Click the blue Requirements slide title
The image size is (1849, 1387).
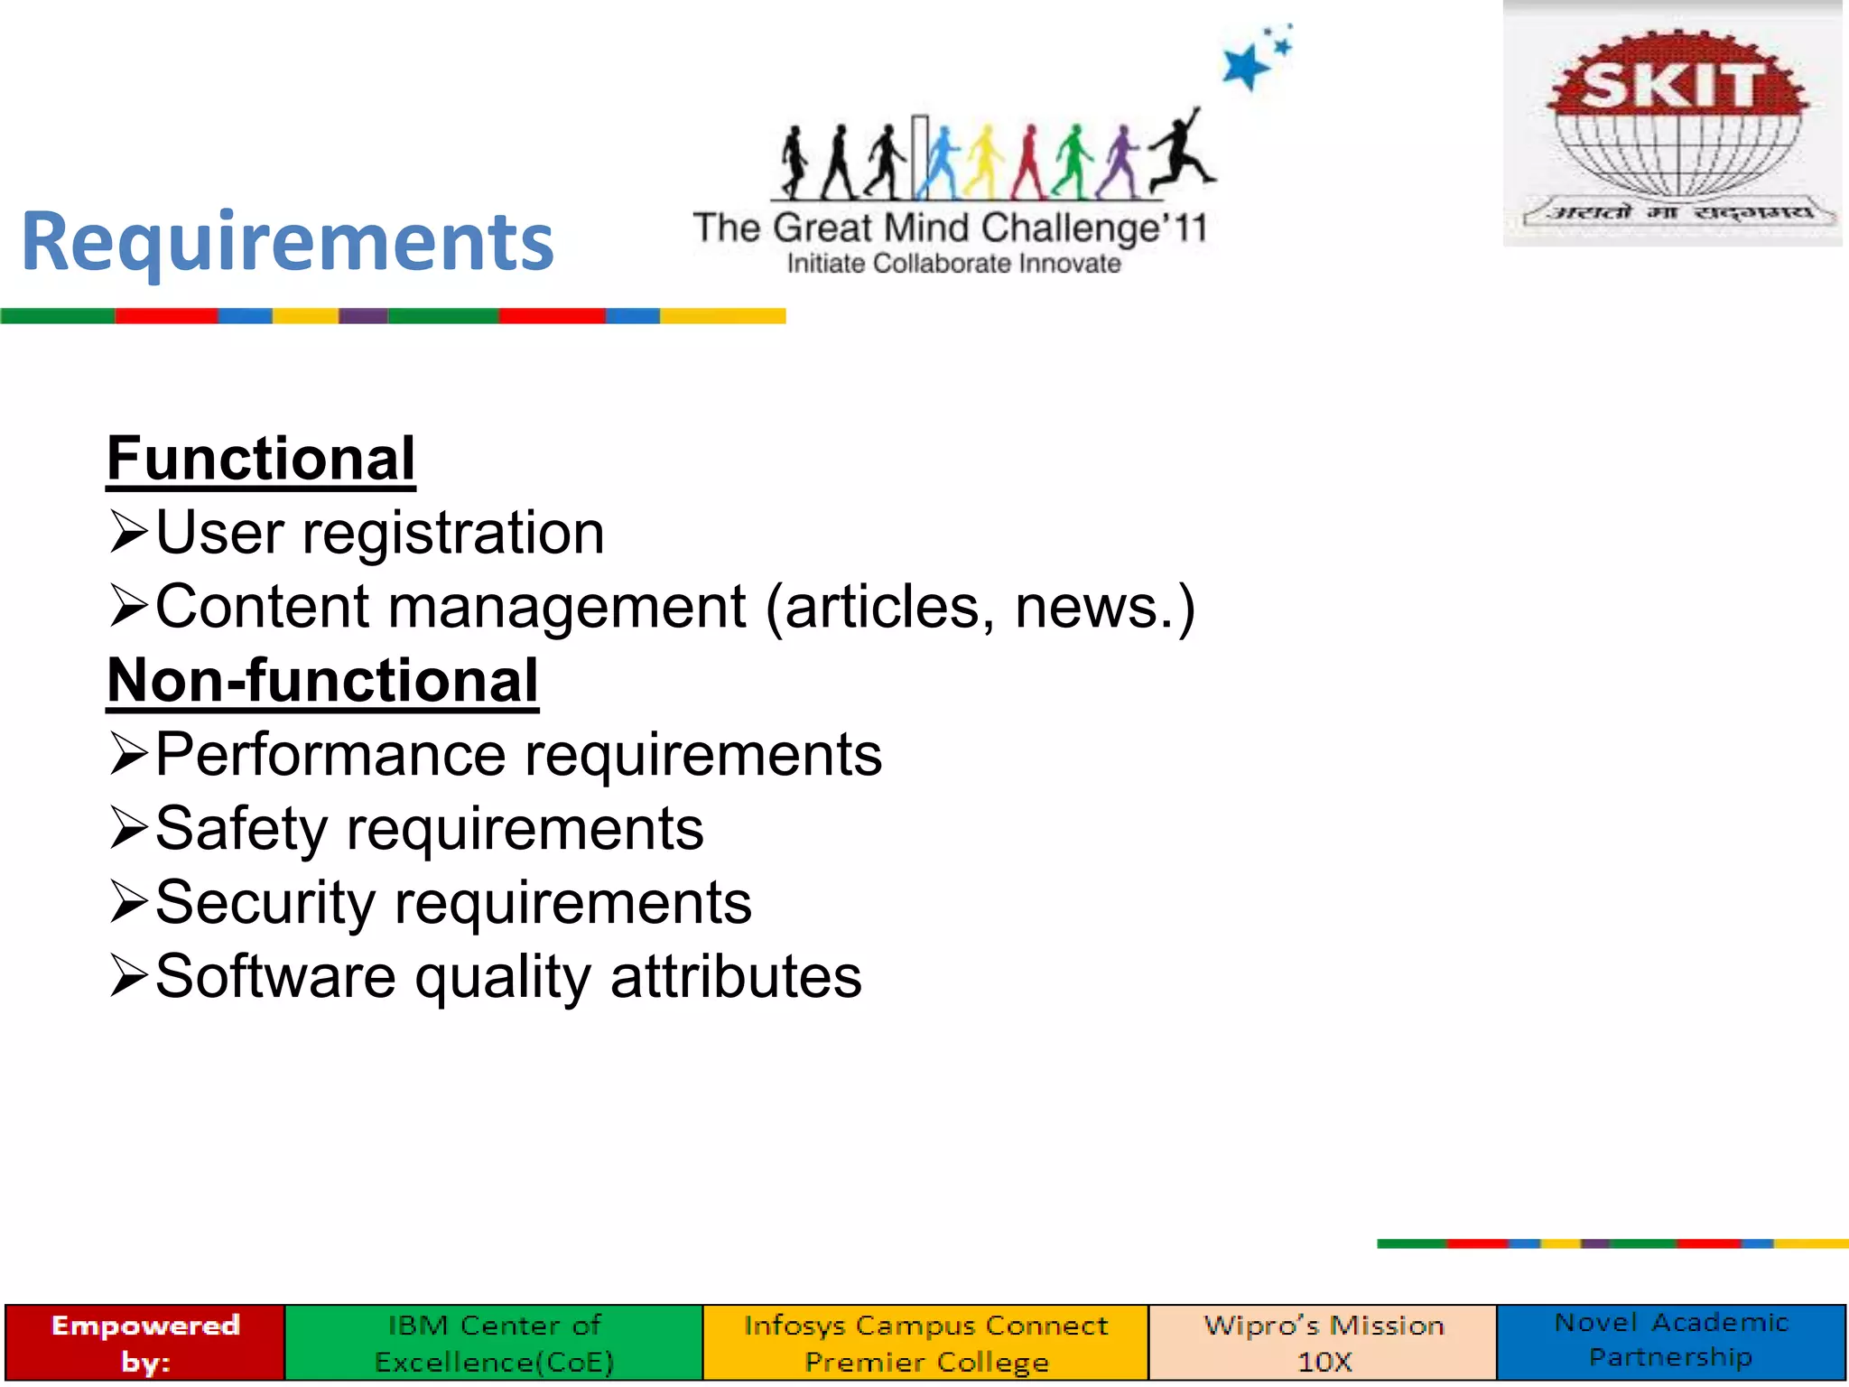(x=287, y=242)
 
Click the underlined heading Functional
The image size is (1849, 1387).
(x=261, y=459)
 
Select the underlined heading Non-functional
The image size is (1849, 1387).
(x=322, y=681)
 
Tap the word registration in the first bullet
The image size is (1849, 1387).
(x=453, y=533)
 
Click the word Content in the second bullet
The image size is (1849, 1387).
(x=262, y=607)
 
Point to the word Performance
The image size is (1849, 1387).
(x=330, y=755)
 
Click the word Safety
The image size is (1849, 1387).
(x=241, y=829)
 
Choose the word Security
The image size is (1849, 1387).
(x=265, y=903)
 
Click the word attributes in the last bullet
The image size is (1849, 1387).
(x=736, y=977)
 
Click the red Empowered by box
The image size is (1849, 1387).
(x=144, y=1343)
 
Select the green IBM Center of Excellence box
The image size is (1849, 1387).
(x=494, y=1343)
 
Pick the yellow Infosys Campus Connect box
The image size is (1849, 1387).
(x=925, y=1343)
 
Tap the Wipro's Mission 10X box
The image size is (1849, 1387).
(x=1324, y=1343)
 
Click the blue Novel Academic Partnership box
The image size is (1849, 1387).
(x=1671, y=1341)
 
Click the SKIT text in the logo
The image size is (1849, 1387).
(x=1671, y=86)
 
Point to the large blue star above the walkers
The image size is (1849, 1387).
(x=1246, y=67)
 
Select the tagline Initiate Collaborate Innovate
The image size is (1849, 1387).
(x=953, y=264)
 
